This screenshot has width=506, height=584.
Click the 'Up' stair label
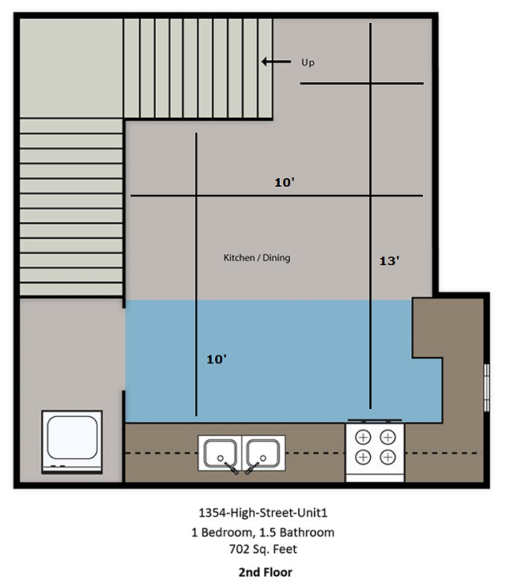pos(308,63)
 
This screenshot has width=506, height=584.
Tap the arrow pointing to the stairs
pos(276,62)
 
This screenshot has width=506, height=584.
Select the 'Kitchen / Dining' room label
pos(257,258)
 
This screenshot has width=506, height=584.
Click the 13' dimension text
pos(389,260)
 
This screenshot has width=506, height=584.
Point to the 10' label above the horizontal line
pos(285,183)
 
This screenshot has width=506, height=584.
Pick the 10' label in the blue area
pos(217,359)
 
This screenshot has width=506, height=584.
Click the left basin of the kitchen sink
pos(221,453)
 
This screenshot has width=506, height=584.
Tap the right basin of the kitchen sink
pos(263,453)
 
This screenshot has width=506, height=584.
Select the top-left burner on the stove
pos(363,437)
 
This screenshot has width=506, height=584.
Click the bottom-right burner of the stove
pos(387,457)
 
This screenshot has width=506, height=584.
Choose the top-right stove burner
pos(387,437)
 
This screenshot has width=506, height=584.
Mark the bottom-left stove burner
pos(363,457)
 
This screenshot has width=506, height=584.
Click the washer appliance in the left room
pos(72,442)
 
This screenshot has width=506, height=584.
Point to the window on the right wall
pos(487,387)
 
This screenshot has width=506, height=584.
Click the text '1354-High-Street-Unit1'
pos(263,513)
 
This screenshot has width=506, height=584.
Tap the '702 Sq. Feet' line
pos(263,549)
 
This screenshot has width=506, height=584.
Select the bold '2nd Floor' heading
pos(266,572)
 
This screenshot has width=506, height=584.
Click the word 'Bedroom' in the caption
pos(227,533)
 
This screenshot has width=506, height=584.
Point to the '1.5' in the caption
pos(267,533)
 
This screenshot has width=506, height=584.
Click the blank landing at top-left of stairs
pos(71,68)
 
